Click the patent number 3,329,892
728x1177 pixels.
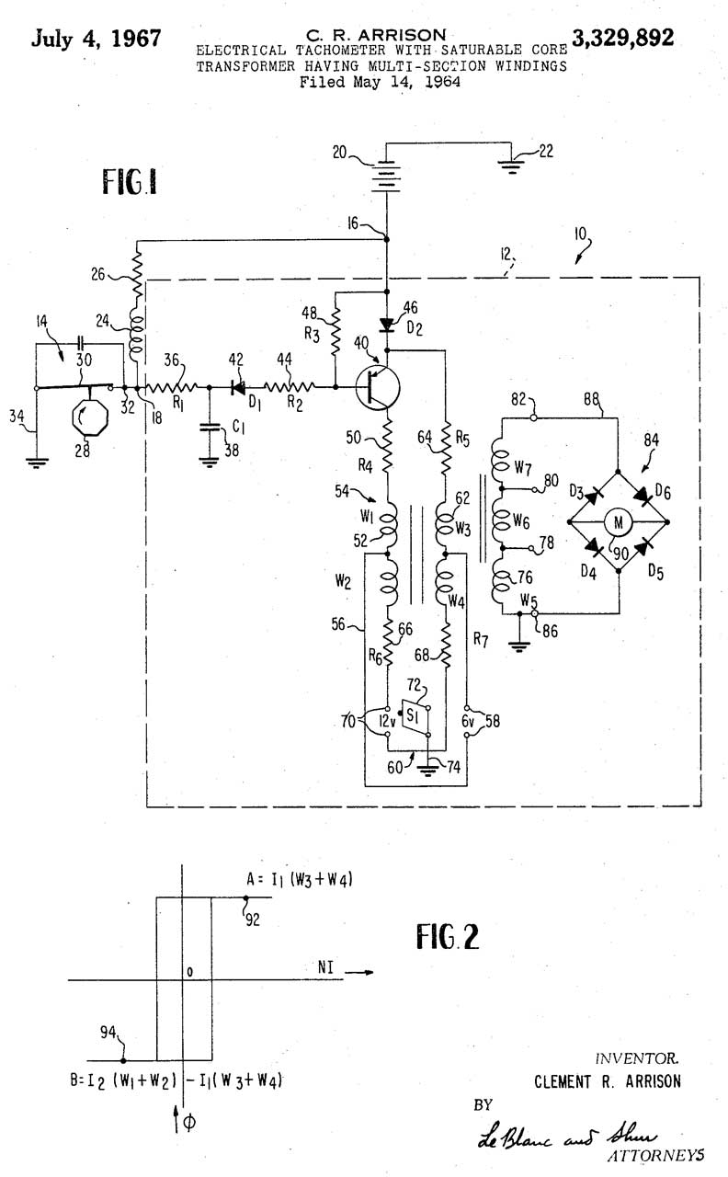(x=622, y=39)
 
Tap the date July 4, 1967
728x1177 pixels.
(x=97, y=39)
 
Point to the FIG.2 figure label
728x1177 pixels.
(x=448, y=937)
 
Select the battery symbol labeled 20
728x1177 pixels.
(x=386, y=174)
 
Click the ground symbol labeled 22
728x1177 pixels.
(x=511, y=166)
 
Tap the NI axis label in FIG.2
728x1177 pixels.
(x=325, y=967)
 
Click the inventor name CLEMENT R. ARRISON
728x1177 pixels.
(x=608, y=1081)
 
